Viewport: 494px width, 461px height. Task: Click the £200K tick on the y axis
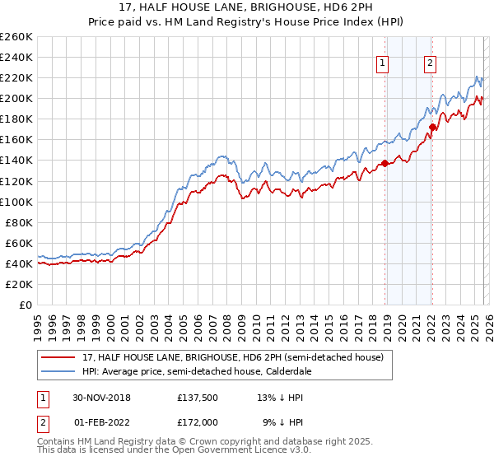(16, 99)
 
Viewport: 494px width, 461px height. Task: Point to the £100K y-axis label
(16, 202)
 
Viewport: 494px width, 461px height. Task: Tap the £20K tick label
(19, 284)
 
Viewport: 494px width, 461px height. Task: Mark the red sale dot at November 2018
(384, 163)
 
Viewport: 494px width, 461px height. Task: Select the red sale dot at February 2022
(431, 127)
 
